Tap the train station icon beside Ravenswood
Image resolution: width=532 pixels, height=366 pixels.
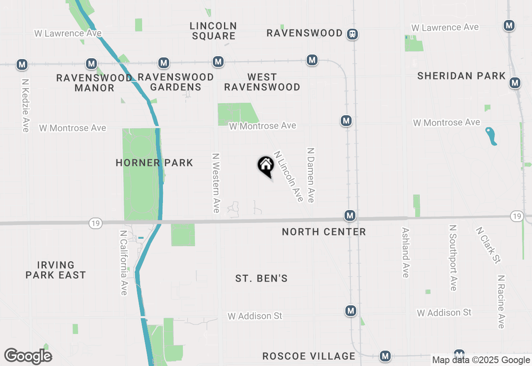click(x=352, y=34)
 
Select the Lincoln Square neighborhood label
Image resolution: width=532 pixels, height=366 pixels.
click(x=213, y=31)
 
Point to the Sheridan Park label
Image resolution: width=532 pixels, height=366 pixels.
click(x=461, y=76)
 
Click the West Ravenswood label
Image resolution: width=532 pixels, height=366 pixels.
click(x=262, y=82)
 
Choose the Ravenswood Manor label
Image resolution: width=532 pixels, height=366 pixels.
click(x=94, y=83)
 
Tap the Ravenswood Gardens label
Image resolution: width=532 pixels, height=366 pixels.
click(x=175, y=82)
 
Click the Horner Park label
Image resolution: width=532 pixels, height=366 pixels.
click(x=154, y=163)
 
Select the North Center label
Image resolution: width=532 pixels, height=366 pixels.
click(x=324, y=232)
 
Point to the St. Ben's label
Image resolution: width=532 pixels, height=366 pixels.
click(x=261, y=278)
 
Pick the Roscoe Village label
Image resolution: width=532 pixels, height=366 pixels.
click(x=309, y=356)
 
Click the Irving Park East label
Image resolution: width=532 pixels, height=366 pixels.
click(x=56, y=270)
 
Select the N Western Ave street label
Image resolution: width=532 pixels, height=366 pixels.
click(x=216, y=183)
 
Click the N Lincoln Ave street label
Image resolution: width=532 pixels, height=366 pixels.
click(x=288, y=176)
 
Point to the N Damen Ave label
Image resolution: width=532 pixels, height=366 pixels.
click(x=310, y=175)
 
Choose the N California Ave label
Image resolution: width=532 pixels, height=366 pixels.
click(x=123, y=262)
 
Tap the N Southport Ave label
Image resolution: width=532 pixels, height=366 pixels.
click(x=453, y=258)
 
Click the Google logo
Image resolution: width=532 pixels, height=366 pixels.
click(x=28, y=356)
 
